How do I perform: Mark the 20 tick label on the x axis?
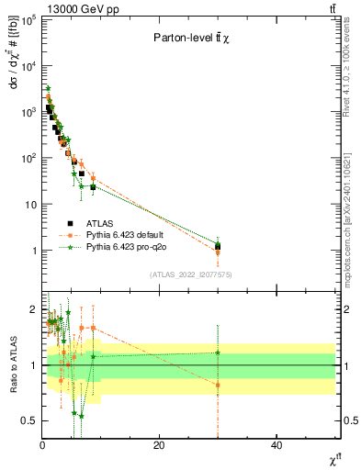click(x=159, y=445)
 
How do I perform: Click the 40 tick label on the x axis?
click(x=276, y=445)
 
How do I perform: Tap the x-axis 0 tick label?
click(x=42, y=445)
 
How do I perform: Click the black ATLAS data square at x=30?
click(x=218, y=246)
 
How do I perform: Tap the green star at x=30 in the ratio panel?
click(x=218, y=352)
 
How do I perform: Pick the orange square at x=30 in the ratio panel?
click(x=218, y=385)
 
